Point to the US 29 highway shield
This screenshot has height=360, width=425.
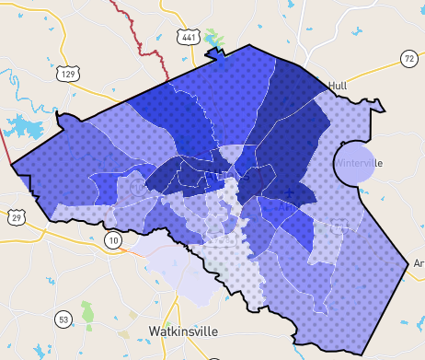(x=17, y=217)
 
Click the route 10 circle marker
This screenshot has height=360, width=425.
(x=112, y=240)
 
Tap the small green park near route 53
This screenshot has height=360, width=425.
(x=87, y=314)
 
